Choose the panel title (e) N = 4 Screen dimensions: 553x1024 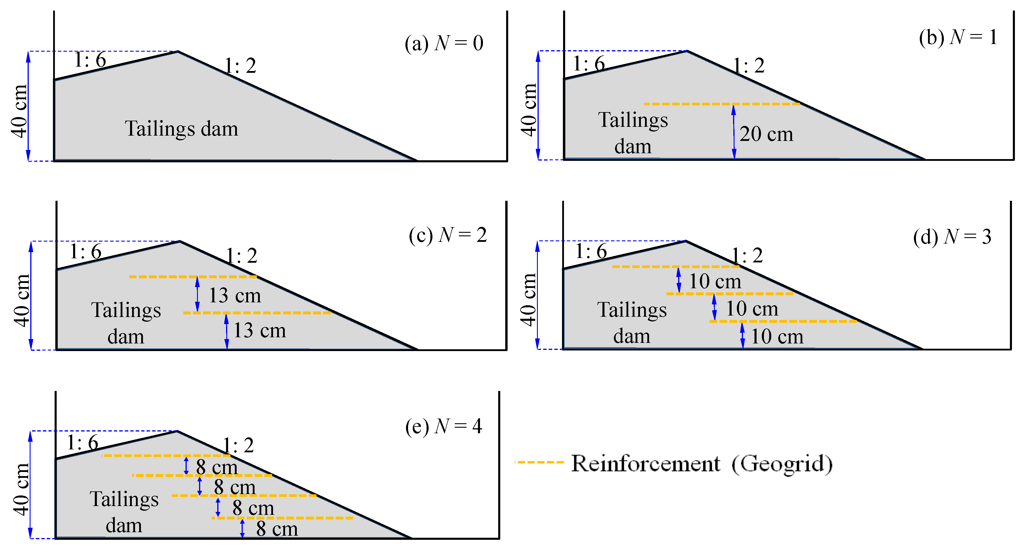pos(444,426)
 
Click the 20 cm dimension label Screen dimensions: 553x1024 pos(766,134)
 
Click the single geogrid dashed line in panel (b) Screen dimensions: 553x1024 pos(722,104)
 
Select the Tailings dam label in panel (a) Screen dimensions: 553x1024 pos(182,128)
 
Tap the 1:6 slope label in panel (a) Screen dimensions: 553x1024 pos(90,60)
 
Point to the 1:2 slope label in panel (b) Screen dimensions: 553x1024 pos(749,65)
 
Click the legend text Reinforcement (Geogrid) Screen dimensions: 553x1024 pos(702,463)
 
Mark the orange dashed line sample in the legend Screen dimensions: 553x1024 pos(539,462)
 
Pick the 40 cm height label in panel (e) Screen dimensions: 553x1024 pos(21,489)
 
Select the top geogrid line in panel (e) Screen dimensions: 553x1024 pos(166,456)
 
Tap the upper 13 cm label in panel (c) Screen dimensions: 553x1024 pos(235,295)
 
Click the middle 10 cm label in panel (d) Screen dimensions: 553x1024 pos(752,308)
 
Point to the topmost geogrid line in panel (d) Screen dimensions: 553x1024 pos(676,266)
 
